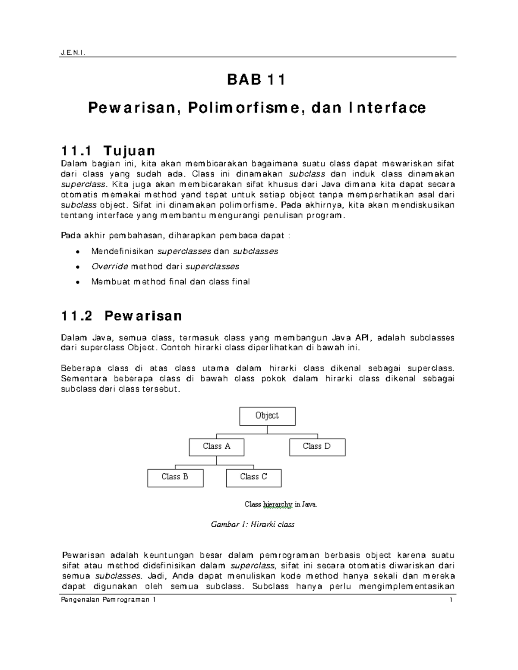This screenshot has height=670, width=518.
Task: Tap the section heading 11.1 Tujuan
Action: click(x=108, y=151)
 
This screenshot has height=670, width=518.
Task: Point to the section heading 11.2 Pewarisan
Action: click(x=121, y=316)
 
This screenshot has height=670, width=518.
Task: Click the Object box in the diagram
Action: click(x=267, y=416)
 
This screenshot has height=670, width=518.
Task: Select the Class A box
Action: click(x=216, y=447)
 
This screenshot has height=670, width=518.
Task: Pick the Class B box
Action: click(x=175, y=477)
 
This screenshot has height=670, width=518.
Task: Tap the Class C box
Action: click(x=253, y=477)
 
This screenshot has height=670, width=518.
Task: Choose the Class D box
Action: click(x=317, y=447)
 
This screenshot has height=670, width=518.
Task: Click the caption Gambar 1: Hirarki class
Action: click(x=252, y=525)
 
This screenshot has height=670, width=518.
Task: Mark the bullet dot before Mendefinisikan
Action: click(x=77, y=252)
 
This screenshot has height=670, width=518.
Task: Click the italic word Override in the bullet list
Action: click(x=110, y=266)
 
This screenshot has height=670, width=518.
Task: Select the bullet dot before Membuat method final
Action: click(x=77, y=282)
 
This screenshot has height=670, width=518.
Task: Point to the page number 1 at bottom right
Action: click(x=451, y=600)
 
